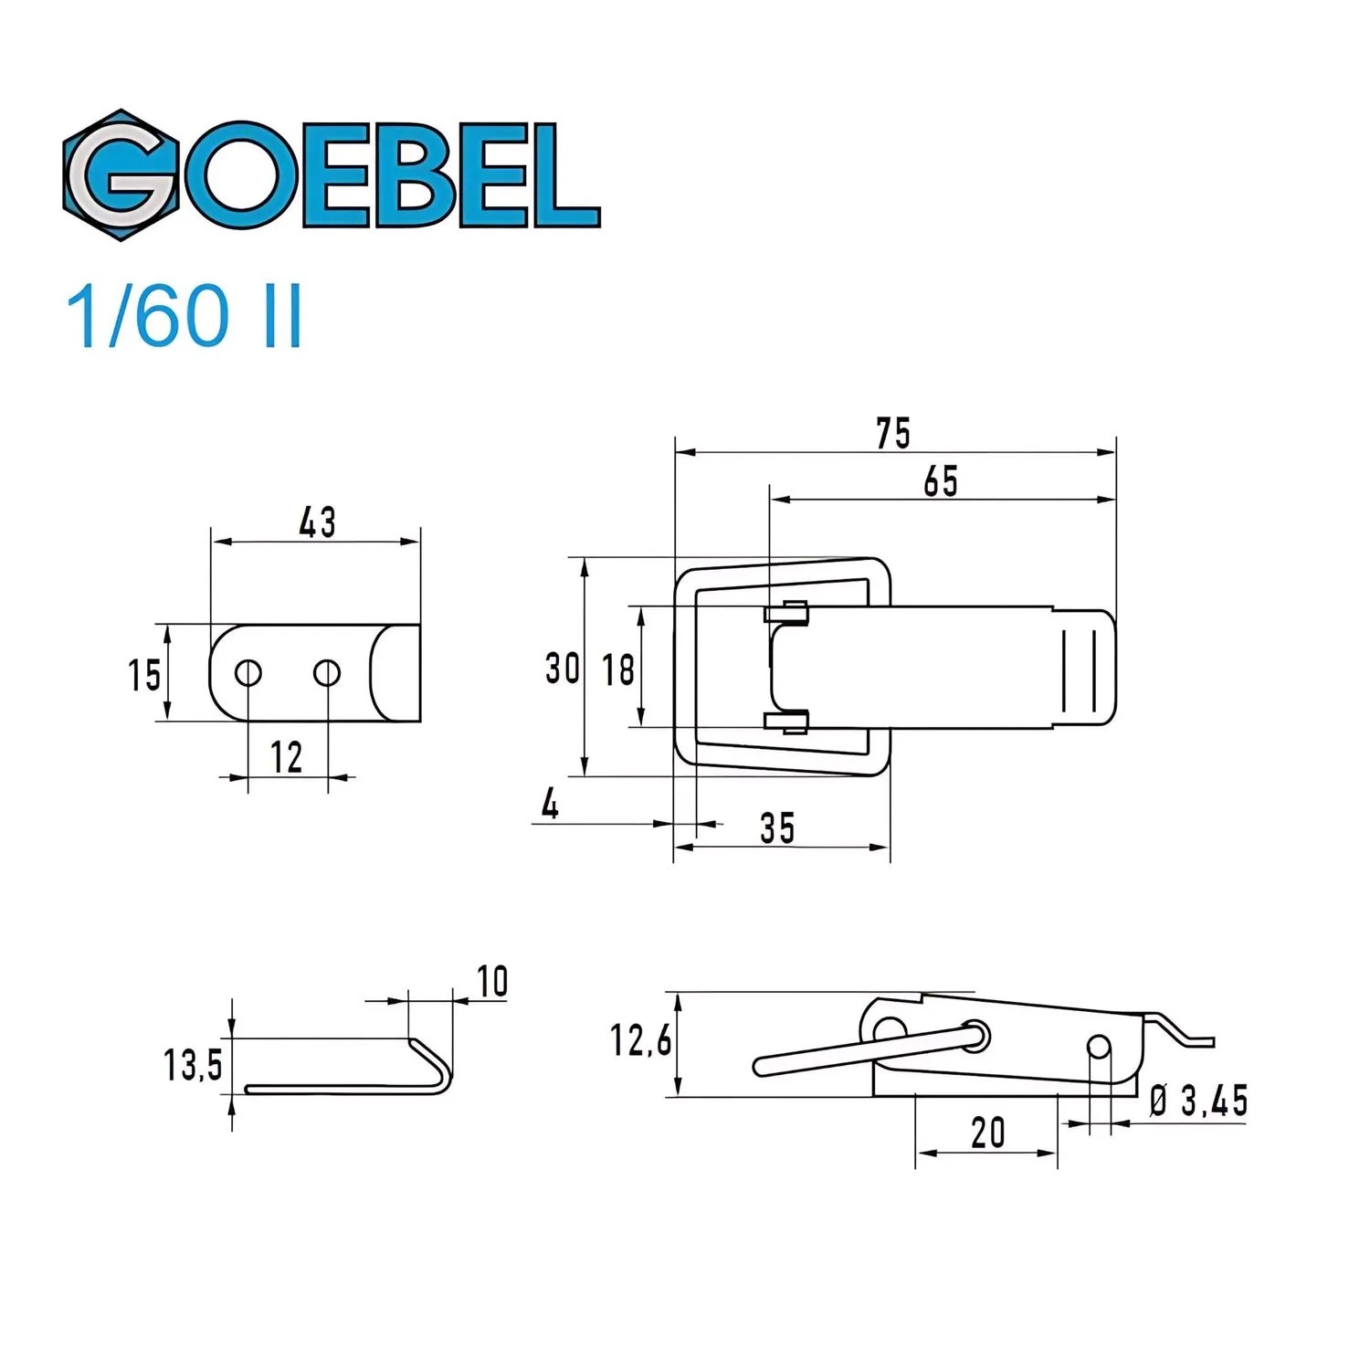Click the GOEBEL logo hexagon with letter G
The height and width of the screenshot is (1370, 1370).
pyautogui.click(x=121, y=175)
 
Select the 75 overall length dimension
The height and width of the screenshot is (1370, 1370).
pyautogui.click(x=892, y=433)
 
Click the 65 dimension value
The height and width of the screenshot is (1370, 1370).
pyautogui.click(x=940, y=481)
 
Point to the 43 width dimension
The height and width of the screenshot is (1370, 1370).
pyautogui.click(x=317, y=522)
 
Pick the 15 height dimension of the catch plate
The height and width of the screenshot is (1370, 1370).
pyautogui.click(x=143, y=675)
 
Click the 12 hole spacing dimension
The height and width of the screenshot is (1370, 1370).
pyautogui.click(x=286, y=757)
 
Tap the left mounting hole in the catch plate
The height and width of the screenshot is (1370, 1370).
pyautogui.click(x=248, y=673)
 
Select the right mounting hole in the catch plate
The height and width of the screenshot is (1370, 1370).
pyautogui.click(x=327, y=673)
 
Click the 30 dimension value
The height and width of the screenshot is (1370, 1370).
pyautogui.click(x=562, y=668)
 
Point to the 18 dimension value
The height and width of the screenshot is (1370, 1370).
pyautogui.click(x=617, y=669)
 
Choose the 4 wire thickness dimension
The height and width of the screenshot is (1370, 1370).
pyautogui.click(x=550, y=805)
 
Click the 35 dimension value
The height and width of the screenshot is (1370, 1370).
pyautogui.click(x=777, y=827)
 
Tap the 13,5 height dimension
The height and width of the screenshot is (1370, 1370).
pyautogui.click(x=193, y=1065)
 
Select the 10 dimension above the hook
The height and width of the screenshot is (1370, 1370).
pyautogui.click(x=492, y=982)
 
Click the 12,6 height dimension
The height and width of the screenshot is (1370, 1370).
pyautogui.click(x=640, y=1040)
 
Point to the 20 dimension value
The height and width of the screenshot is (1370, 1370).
pyautogui.click(x=987, y=1133)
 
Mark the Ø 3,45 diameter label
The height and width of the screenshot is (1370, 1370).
pyautogui.click(x=1197, y=1101)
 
